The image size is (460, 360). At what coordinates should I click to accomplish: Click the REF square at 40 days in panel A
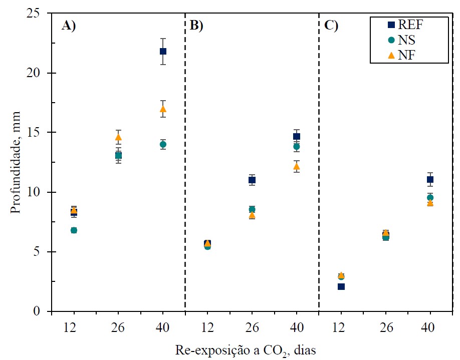tap(163, 51)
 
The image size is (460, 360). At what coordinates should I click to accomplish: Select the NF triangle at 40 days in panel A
tap(163, 109)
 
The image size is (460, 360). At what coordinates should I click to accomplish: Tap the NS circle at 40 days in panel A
tap(163, 144)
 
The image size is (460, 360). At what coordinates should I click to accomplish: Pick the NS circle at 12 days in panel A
tap(74, 230)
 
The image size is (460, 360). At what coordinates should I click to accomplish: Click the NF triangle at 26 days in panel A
tap(118, 137)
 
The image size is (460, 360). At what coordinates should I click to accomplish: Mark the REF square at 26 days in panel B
tap(252, 180)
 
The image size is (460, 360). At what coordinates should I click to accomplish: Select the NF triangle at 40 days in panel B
tap(297, 166)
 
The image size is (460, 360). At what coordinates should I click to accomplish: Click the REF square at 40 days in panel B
tap(297, 136)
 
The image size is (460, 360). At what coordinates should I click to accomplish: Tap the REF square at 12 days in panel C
tap(341, 286)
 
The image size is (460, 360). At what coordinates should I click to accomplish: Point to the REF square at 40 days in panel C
tap(430, 179)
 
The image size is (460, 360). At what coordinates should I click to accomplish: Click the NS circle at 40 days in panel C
tap(430, 198)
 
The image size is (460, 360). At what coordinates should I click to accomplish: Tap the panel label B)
tap(196, 26)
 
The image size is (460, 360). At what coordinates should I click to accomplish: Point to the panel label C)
tap(331, 26)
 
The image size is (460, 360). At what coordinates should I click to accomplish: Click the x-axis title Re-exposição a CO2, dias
tap(246, 349)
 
